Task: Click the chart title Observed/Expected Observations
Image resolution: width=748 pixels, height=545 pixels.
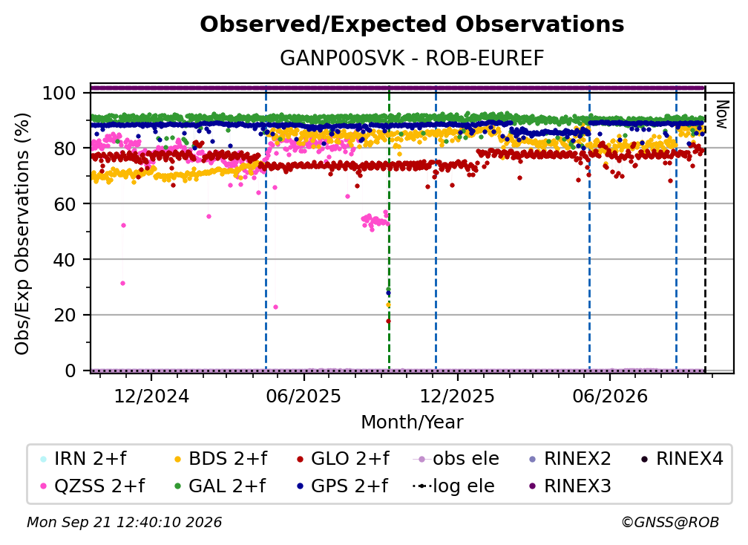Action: click(412, 25)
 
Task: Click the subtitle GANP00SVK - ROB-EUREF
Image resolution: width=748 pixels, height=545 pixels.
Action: click(412, 59)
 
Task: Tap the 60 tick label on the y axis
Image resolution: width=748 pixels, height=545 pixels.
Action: click(65, 204)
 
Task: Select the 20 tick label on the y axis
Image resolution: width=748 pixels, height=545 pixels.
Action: click(65, 316)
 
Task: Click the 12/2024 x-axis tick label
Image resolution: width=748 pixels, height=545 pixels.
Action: click(151, 396)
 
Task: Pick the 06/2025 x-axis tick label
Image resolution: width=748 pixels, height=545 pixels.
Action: click(304, 396)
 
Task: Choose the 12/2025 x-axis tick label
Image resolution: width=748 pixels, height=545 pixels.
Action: click(457, 396)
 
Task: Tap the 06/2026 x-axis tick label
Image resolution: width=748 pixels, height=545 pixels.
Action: click(610, 396)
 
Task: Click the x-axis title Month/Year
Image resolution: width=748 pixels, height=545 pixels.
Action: click(412, 422)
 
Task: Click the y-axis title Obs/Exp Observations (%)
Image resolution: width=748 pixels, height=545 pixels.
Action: click(22, 234)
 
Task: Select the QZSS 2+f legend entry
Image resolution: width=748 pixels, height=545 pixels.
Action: click(93, 486)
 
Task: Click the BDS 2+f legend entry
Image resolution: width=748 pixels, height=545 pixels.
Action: click(220, 459)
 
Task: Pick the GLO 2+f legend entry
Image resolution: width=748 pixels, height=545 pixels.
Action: click(343, 459)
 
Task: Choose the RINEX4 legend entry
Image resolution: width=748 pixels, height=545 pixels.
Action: click(682, 459)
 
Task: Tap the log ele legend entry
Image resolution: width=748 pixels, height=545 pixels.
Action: click(453, 486)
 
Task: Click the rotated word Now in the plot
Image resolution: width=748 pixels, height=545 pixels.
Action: click(722, 114)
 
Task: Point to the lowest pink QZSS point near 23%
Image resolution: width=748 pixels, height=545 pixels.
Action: click(275, 307)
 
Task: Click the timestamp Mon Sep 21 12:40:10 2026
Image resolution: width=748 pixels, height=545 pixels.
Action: click(125, 523)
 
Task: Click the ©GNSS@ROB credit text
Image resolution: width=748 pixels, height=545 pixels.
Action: click(670, 523)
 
